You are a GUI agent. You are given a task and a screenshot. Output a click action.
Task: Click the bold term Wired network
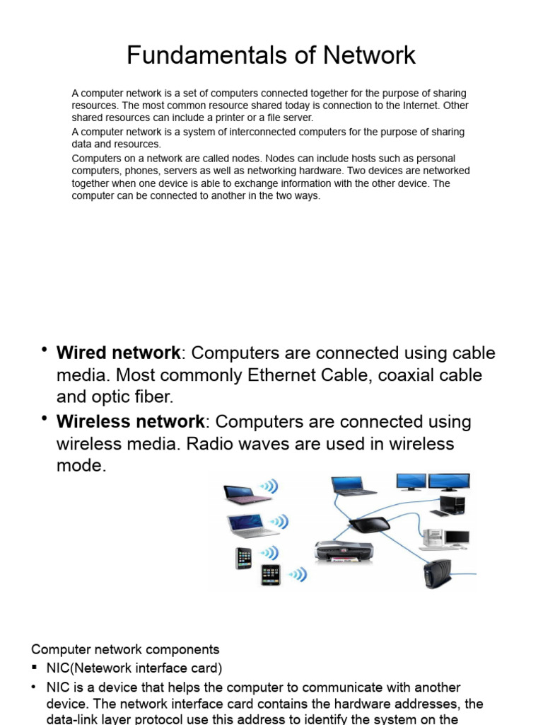118,353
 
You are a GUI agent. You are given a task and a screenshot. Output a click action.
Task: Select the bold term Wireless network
130,421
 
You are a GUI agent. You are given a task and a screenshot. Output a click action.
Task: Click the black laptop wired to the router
354,485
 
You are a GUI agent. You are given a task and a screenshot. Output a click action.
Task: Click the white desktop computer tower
433,540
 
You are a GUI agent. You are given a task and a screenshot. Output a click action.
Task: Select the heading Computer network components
125,649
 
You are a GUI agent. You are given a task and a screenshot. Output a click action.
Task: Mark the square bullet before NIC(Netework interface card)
35,668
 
